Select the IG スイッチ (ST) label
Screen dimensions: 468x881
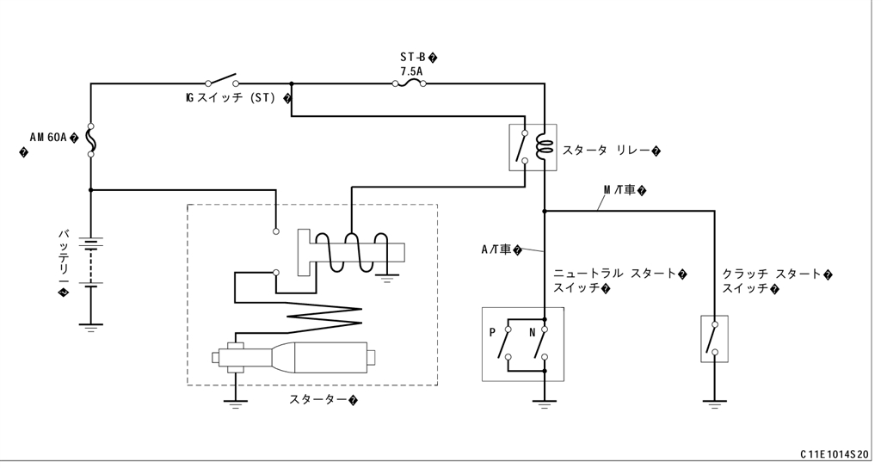click(231, 98)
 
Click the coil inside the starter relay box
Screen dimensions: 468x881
click(542, 146)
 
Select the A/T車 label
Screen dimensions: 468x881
click(498, 249)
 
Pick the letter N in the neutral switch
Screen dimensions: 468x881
click(532, 330)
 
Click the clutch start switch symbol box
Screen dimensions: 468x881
click(713, 339)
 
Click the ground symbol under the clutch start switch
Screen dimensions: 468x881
click(713, 402)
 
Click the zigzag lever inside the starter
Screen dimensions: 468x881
click(318, 310)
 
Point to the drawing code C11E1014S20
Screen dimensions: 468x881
click(835, 455)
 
